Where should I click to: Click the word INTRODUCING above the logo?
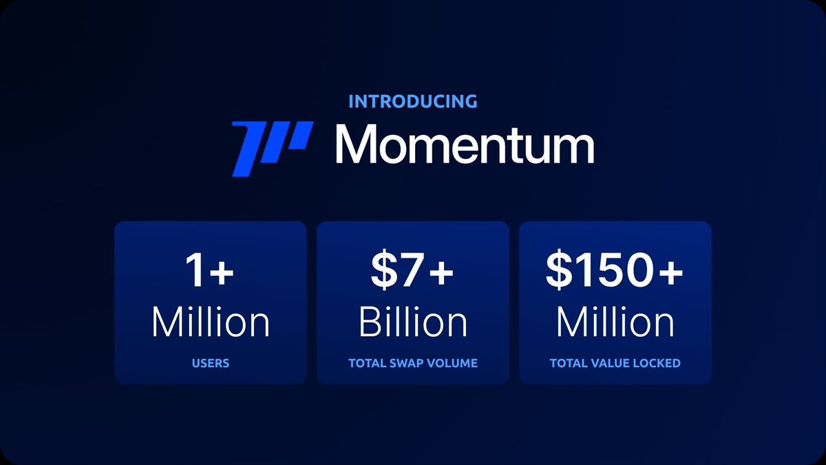[x=412, y=101]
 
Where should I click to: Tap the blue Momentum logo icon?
[x=272, y=148]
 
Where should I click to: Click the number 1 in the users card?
[x=195, y=271]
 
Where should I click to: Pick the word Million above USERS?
[x=210, y=322]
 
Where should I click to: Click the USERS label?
[x=211, y=363]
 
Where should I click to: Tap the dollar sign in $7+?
[x=383, y=271]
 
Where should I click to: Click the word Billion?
[x=413, y=322]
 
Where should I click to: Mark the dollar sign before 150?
[x=558, y=271]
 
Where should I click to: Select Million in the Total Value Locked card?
[x=615, y=322]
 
